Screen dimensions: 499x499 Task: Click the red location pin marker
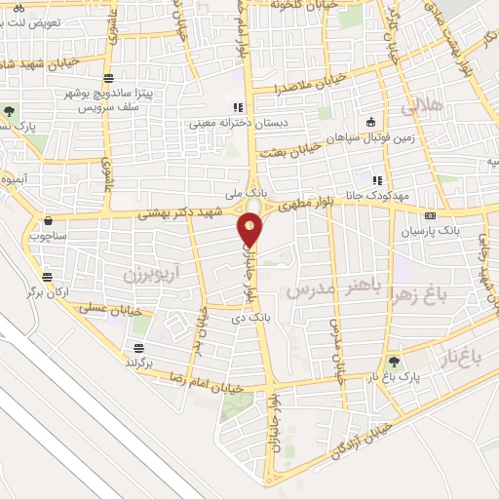coord(250,229)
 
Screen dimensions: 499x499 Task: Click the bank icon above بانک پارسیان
coord(430,215)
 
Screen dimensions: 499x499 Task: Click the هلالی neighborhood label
coord(428,105)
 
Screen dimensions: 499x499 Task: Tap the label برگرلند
coord(139,363)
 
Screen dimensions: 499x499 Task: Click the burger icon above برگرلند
coord(139,348)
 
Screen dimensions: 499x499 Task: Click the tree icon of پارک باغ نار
coord(395,362)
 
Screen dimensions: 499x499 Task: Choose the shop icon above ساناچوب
coord(48,220)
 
